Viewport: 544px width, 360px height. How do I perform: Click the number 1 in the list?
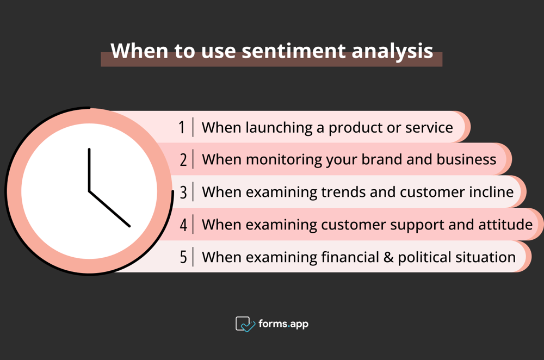[182, 127]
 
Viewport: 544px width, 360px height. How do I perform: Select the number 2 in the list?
[183, 159]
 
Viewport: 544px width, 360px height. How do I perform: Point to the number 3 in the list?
[183, 192]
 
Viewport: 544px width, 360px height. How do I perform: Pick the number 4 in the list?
[183, 225]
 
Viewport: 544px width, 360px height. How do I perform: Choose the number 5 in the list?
[183, 257]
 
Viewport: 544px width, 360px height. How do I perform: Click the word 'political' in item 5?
[425, 257]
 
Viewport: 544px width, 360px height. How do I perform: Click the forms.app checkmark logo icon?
[245, 324]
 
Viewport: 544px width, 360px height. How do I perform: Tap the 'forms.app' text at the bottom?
[283, 324]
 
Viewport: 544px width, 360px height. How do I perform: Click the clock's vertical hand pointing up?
[89, 169]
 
